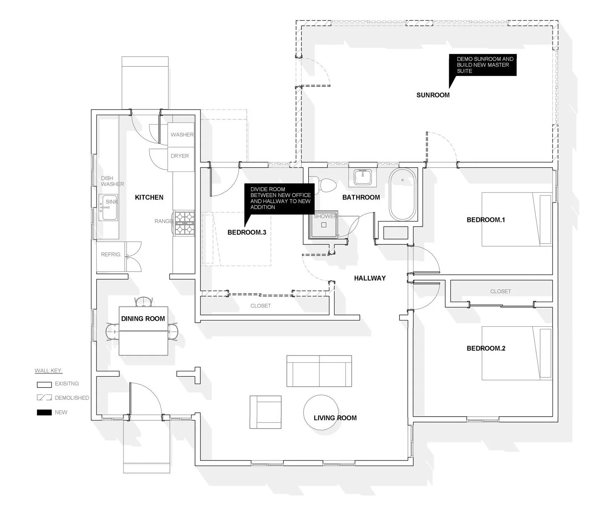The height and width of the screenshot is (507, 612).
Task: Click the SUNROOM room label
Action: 432,95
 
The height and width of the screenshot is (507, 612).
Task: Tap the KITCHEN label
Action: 149,197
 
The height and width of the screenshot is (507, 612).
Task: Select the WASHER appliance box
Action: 181,134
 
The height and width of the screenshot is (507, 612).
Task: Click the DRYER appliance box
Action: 180,156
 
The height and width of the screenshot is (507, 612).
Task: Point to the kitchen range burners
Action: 184,223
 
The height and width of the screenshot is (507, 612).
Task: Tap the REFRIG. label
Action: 111,254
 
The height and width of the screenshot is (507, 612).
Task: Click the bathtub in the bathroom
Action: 402,195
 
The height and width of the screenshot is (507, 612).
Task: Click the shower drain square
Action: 323,225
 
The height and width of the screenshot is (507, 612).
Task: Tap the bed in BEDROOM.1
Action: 517,220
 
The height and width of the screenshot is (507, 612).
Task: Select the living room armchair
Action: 265,412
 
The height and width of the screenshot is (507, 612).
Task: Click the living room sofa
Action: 319,371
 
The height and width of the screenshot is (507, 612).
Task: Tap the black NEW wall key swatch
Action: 44,412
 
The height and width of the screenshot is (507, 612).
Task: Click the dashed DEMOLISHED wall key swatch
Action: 44,398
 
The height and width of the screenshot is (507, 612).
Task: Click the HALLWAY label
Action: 370,278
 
